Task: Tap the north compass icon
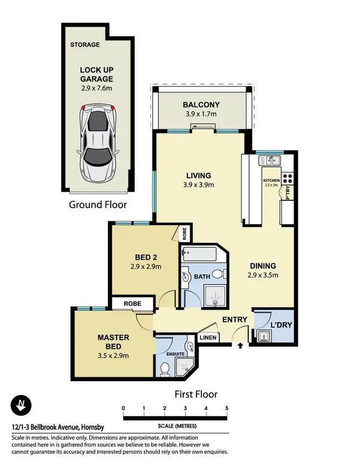click(x=21, y=405)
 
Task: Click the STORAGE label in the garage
click(x=85, y=45)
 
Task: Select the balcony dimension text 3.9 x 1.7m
click(x=201, y=114)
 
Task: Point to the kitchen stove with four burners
click(x=288, y=178)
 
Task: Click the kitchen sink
click(x=270, y=160)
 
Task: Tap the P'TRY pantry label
click(x=288, y=193)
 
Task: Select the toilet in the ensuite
click(x=164, y=369)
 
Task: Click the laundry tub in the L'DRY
click(x=264, y=336)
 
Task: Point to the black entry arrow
click(x=240, y=345)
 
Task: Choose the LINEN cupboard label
click(x=208, y=338)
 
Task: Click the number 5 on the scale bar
click(x=227, y=408)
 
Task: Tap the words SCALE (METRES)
click(x=177, y=426)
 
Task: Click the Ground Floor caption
click(x=98, y=205)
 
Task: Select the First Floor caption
click(x=196, y=394)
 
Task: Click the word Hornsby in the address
click(x=93, y=428)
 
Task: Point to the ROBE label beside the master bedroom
click(x=132, y=304)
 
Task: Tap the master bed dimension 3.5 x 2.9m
click(x=113, y=356)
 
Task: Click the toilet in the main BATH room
click(x=220, y=274)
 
